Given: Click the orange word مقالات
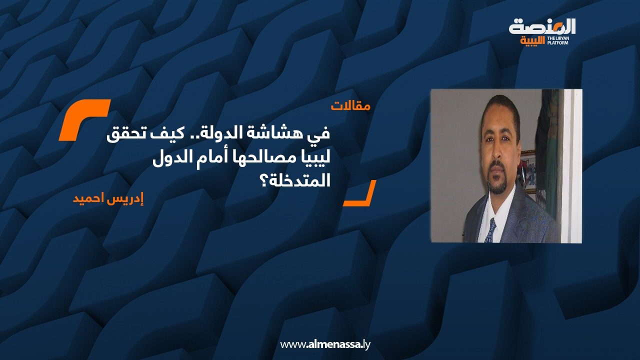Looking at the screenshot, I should coord(350,106).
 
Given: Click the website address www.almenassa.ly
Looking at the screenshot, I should coord(325,344).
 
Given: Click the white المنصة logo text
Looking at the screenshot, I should coord(542,26).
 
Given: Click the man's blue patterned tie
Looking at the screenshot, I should coord(490,231).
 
